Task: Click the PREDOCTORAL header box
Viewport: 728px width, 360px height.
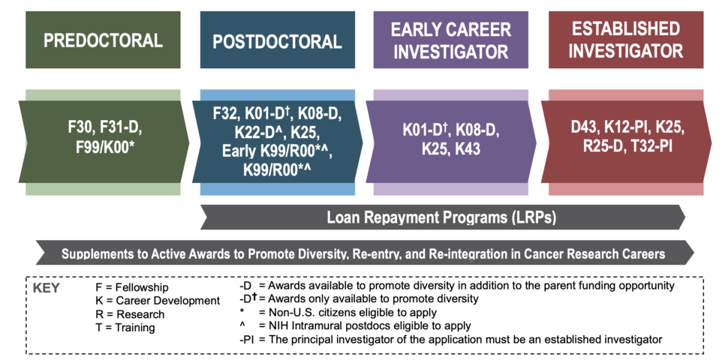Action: (x=103, y=40)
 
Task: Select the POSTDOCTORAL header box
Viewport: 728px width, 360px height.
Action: (x=278, y=40)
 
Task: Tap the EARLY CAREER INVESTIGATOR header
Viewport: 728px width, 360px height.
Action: (x=449, y=40)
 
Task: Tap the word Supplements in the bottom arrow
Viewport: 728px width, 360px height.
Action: (x=98, y=254)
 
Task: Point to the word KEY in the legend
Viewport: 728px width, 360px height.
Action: (x=47, y=288)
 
